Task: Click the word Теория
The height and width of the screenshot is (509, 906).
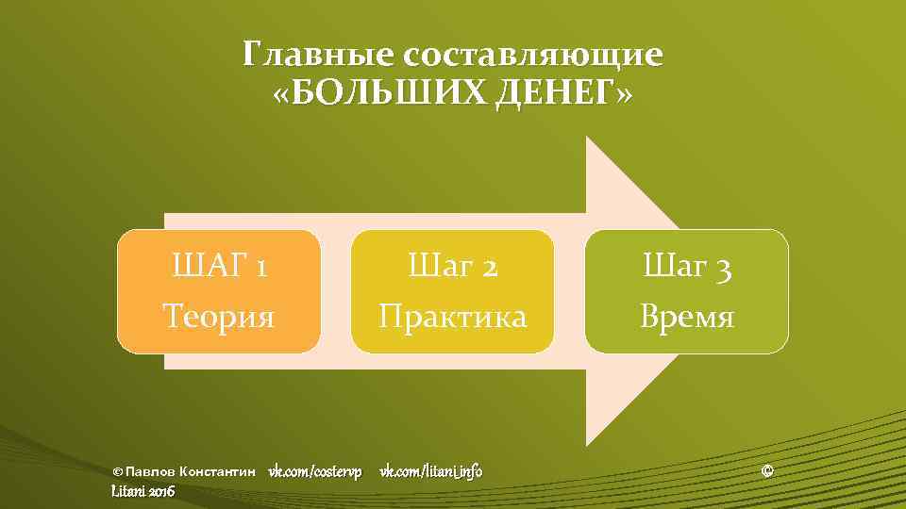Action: point(218,316)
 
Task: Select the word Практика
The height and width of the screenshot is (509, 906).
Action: point(452,316)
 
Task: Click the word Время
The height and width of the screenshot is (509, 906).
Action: point(686,316)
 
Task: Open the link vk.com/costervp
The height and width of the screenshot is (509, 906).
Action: point(315,470)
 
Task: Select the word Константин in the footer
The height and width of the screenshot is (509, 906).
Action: point(218,471)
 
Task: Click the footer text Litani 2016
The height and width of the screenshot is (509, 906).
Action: point(143,491)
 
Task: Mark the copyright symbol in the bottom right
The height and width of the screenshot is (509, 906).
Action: point(766,470)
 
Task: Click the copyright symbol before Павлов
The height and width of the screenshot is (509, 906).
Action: point(117,471)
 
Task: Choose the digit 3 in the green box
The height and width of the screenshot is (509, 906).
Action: point(722,271)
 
